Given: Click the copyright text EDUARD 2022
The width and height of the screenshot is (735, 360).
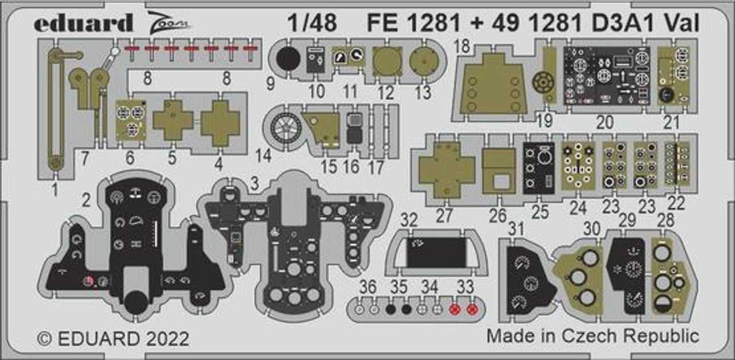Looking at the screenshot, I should pyautogui.click(x=113, y=338).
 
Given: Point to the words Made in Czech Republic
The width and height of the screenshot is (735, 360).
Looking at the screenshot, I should pyautogui.click(x=593, y=336).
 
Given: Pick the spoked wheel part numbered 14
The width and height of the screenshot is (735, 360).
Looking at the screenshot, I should pyautogui.click(x=285, y=127).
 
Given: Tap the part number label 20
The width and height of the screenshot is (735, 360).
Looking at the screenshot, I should pyautogui.click(x=605, y=122).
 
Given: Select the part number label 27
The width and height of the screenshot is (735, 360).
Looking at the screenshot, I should pyautogui.click(x=444, y=215).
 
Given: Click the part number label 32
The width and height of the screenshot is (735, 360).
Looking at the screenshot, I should pyautogui.click(x=409, y=220).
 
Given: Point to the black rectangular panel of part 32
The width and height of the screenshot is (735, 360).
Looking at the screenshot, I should pyautogui.click(x=436, y=253).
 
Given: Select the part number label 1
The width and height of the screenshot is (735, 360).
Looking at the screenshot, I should pyautogui.click(x=55, y=188).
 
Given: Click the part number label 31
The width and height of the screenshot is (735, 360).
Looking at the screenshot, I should pyautogui.click(x=517, y=229).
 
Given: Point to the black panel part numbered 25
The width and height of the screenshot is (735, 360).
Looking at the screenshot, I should pyautogui.click(x=539, y=167).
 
